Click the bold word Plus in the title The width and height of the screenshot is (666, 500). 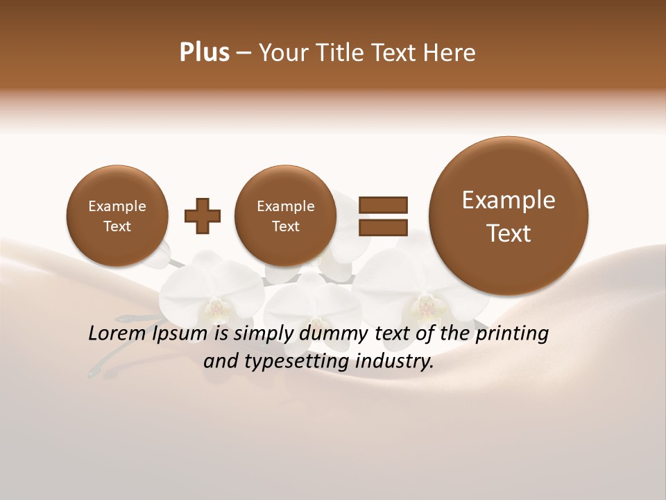[204, 53]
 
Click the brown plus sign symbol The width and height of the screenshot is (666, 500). [203, 216]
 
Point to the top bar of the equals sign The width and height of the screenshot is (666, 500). [383, 204]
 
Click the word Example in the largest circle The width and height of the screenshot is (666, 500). [509, 200]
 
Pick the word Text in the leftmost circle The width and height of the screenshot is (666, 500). [117, 226]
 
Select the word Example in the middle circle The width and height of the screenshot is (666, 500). [286, 206]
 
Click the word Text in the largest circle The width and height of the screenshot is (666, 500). [509, 233]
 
